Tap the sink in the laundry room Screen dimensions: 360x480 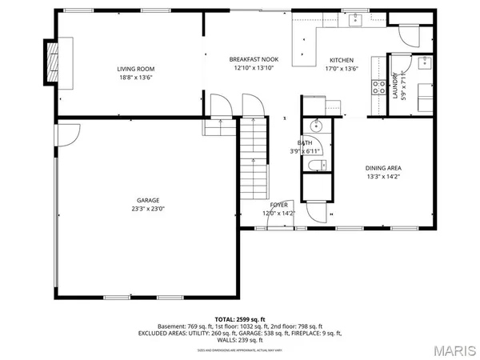point(425,63)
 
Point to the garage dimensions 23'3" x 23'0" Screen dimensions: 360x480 point(148,209)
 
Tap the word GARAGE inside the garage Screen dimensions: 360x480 point(148,200)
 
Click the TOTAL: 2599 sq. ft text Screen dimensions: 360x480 point(239,319)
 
